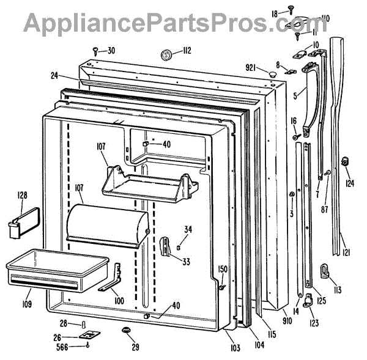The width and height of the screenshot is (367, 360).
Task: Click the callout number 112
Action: [186, 51]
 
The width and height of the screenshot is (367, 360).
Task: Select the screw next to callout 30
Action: [95, 50]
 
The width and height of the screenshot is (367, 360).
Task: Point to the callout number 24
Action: [54, 76]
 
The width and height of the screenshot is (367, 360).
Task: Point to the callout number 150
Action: [223, 269]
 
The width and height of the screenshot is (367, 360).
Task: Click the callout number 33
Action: [185, 262]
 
